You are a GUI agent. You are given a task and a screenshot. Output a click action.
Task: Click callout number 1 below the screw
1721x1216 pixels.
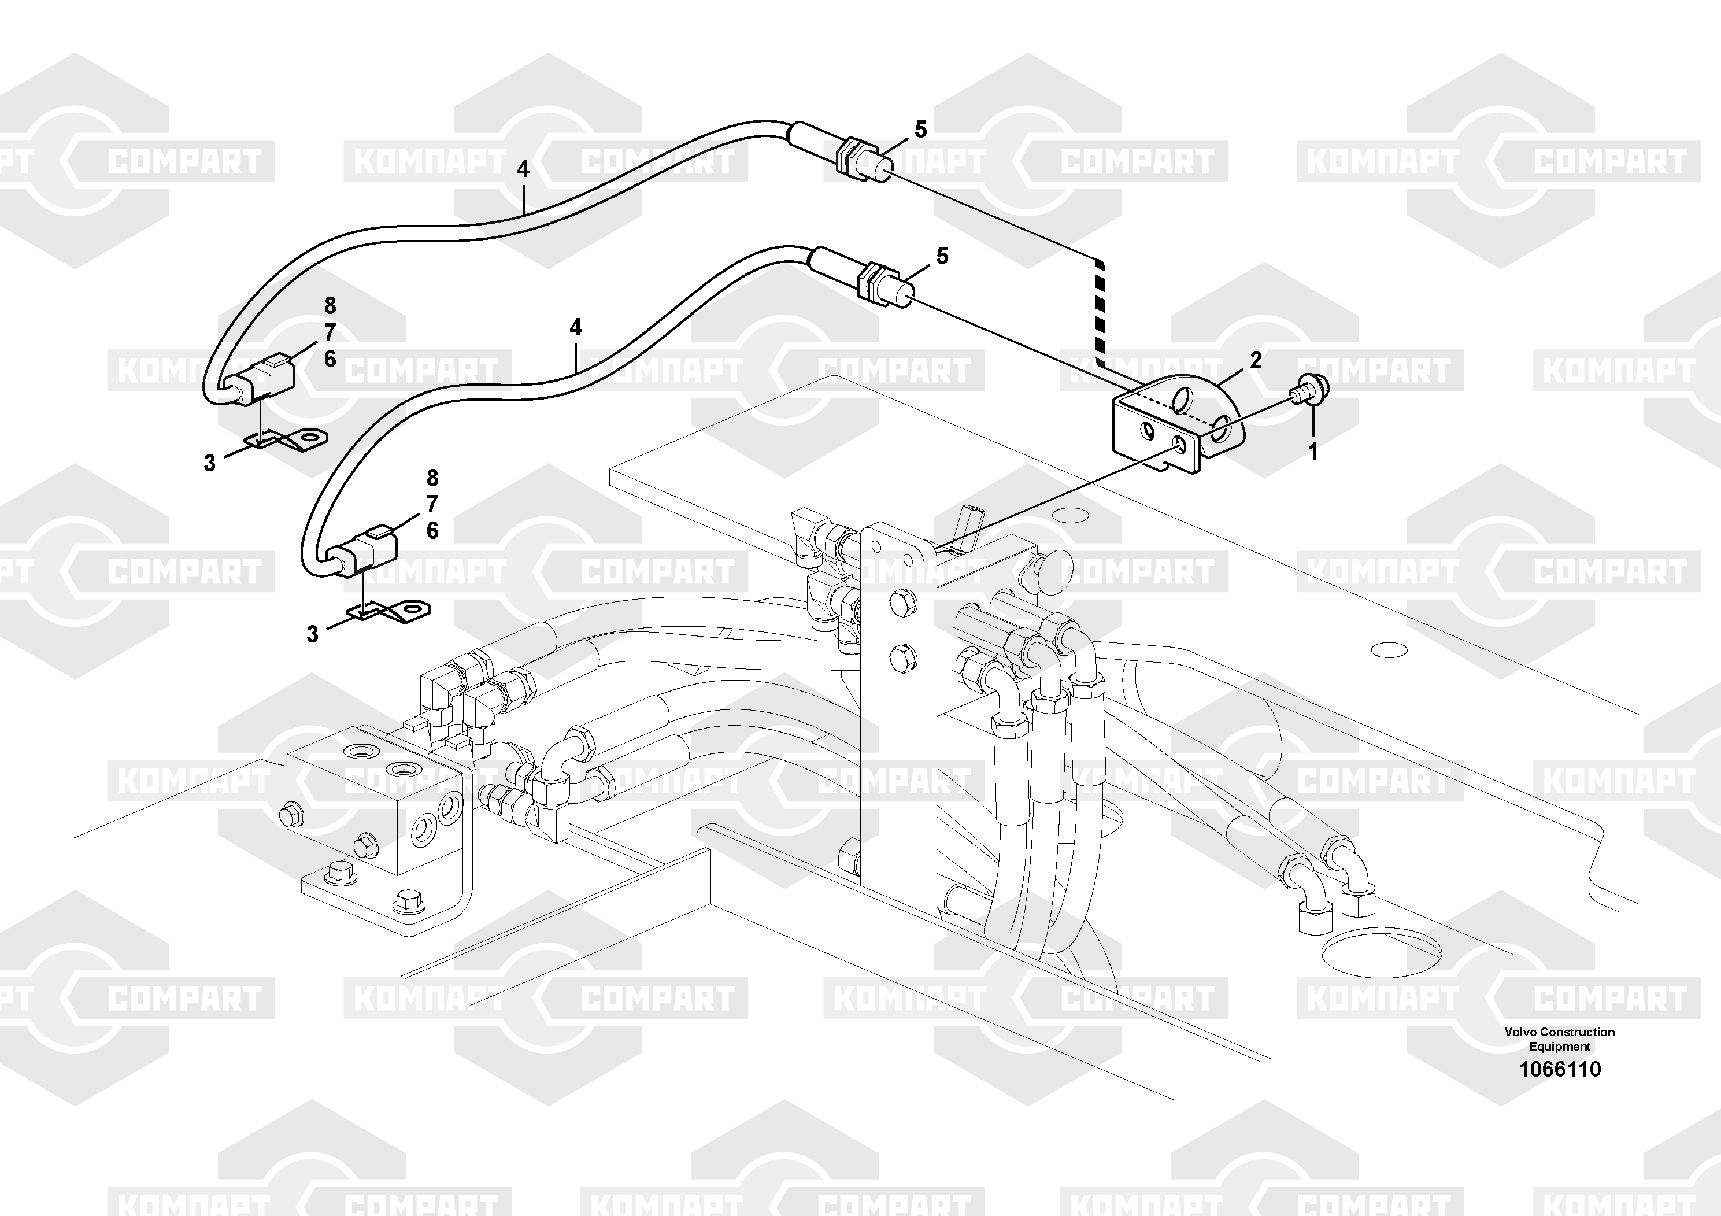point(1312,452)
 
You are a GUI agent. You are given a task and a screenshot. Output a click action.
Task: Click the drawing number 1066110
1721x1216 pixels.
point(1560,1069)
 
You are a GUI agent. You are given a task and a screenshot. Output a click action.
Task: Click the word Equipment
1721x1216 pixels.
point(1560,1047)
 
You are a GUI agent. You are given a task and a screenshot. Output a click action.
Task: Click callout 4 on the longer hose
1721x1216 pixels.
point(523,169)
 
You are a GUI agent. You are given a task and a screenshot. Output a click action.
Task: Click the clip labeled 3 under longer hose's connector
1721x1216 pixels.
point(288,440)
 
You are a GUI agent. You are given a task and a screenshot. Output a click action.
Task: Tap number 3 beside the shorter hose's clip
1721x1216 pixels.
point(313,634)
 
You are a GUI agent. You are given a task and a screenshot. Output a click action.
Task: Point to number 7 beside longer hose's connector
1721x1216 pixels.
point(330,332)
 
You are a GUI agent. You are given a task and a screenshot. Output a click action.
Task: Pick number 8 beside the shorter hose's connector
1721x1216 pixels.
point(432,478)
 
